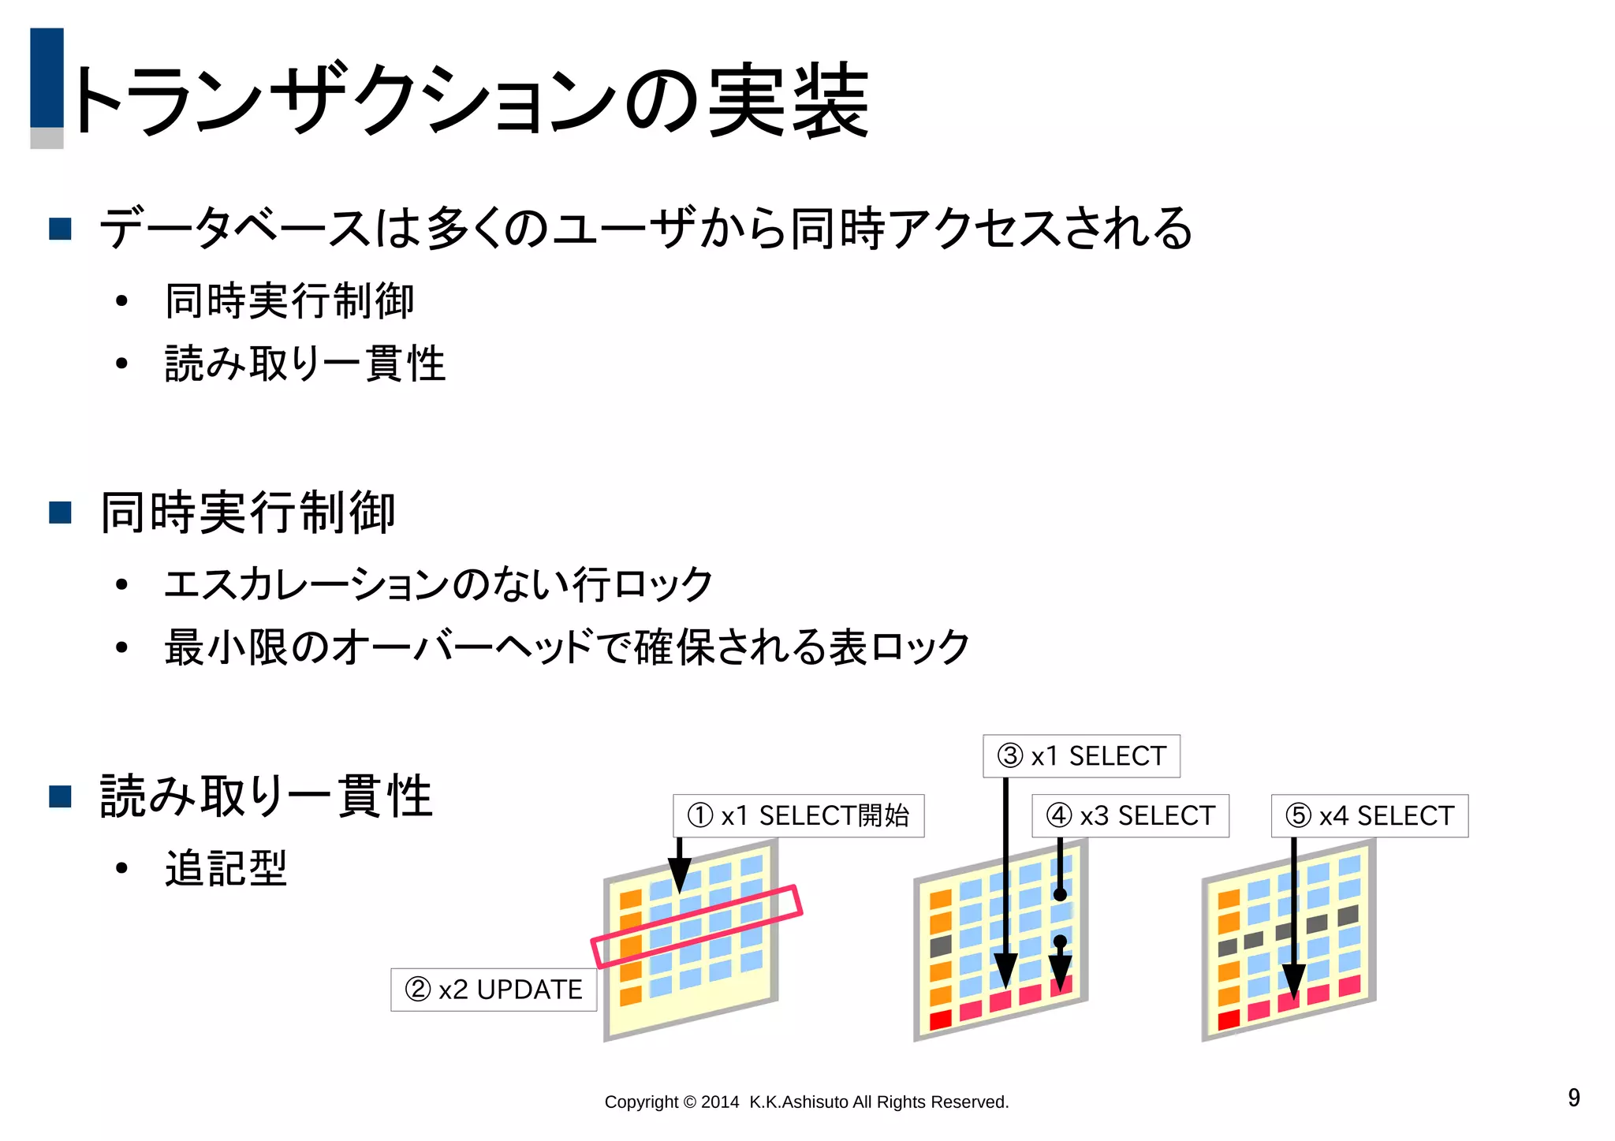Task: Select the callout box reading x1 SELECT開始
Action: (798, 815)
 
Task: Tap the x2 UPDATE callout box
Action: (494, 990)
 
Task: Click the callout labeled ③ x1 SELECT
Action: (1081, 756)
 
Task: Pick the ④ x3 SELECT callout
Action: (1131, 815)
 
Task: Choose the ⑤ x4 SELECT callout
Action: (1370, 815)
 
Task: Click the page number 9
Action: (1573, 1098)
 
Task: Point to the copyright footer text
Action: (806, 1102)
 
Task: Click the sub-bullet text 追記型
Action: (226, 869)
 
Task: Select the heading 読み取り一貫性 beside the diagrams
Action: (266, 796)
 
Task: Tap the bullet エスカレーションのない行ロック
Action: (438, 584)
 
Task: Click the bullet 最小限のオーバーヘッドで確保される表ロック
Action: (566, 647)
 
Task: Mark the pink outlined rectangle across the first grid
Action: (697, 927)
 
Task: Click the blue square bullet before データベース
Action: (61, 229)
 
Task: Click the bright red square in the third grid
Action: (1229, 1020)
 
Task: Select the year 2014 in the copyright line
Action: (719, 1102)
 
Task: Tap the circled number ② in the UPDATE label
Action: (418, 990)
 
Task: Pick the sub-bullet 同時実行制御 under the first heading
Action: (289, 301)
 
